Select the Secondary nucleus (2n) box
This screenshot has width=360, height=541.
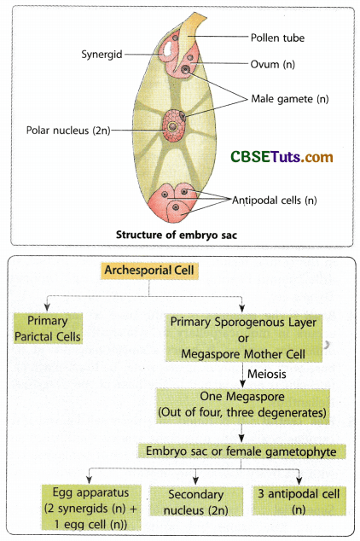[195, 501]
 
